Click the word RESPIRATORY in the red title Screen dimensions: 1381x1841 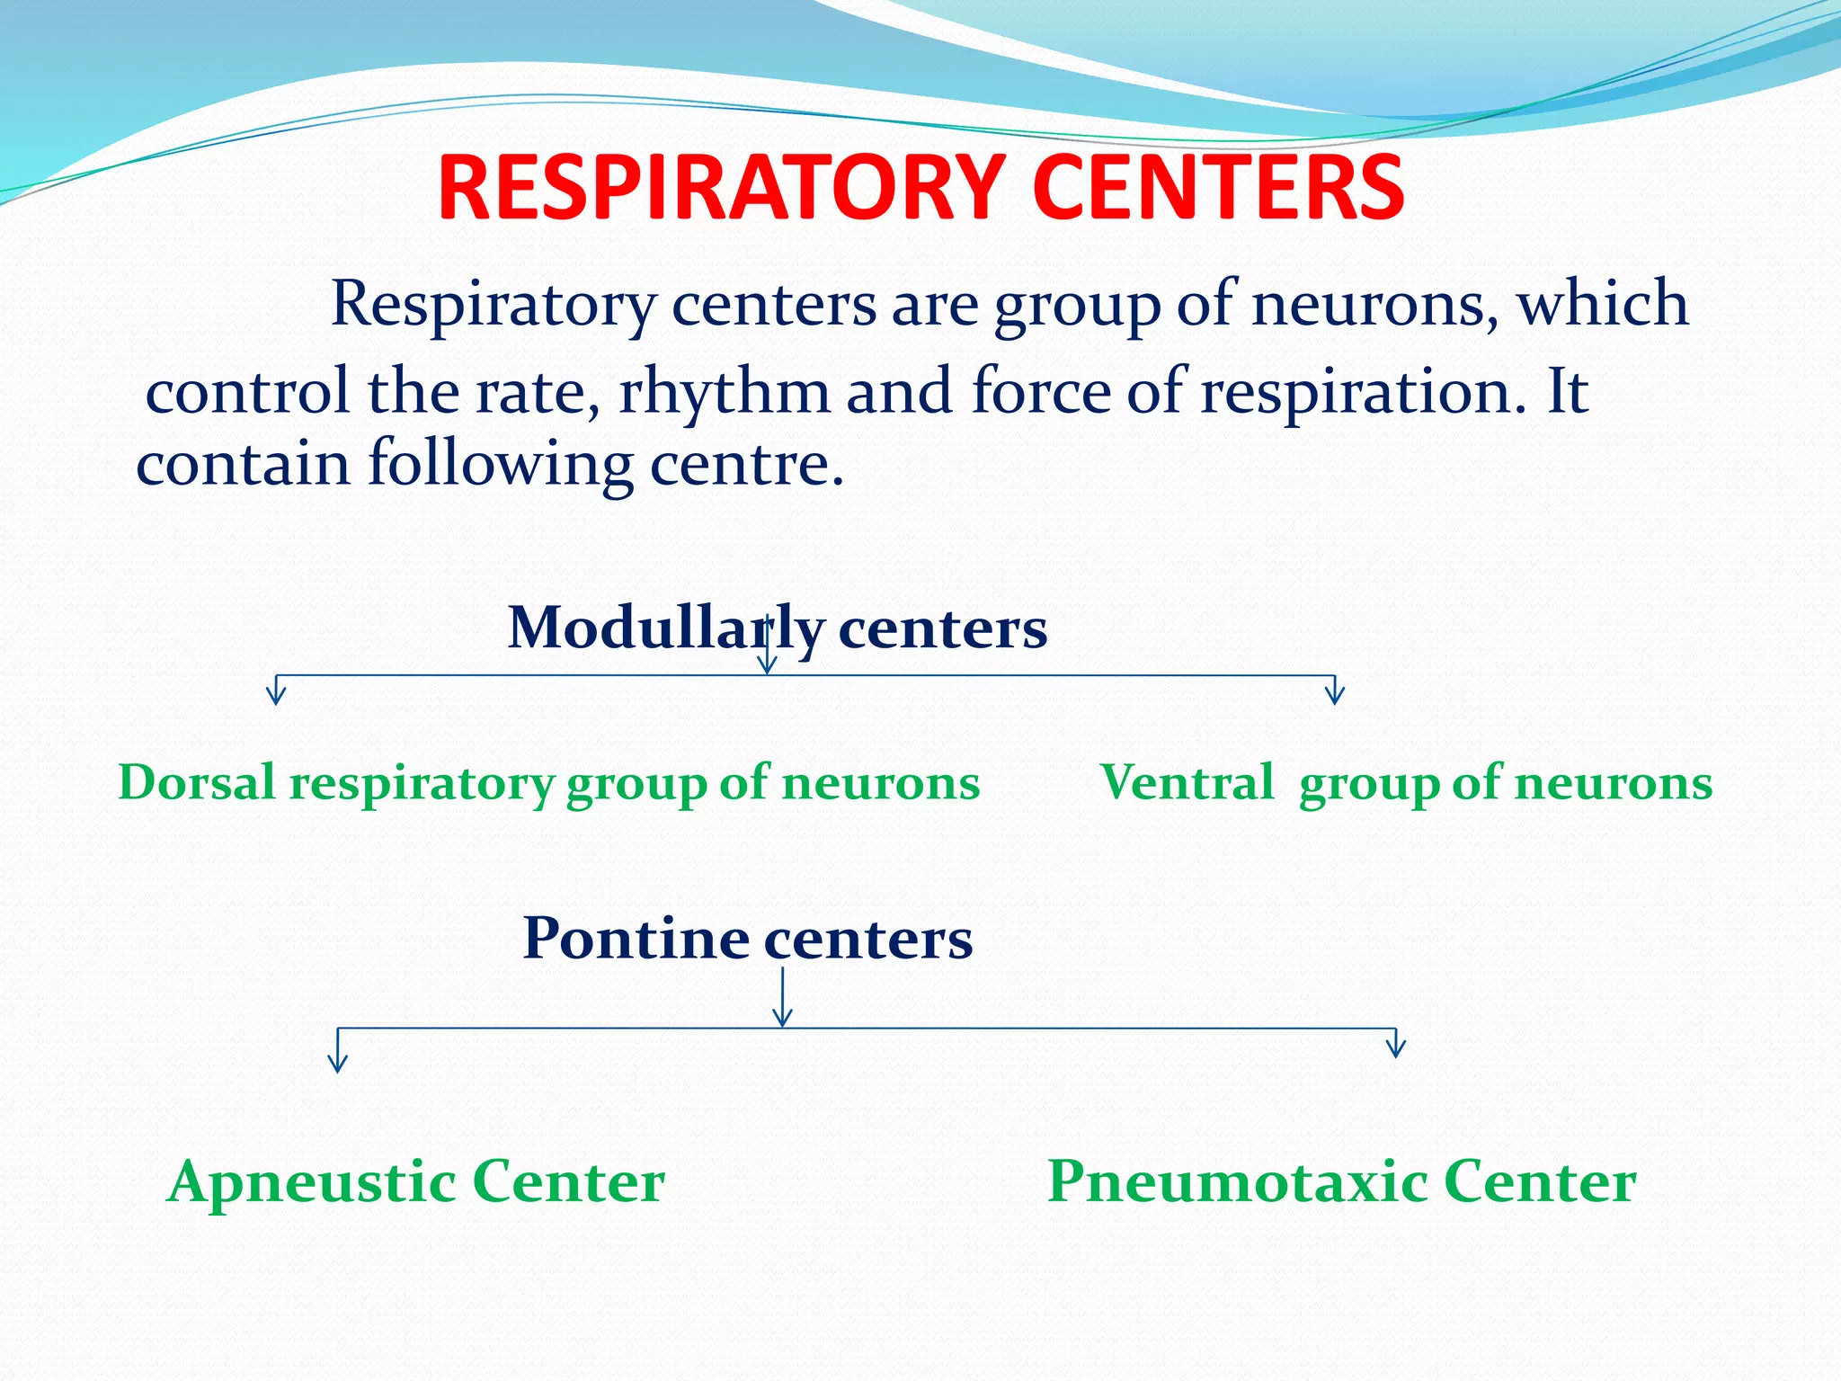pyautogui.click(x=720, y=188)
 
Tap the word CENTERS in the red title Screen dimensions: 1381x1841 pyautogui.click(x=1217, y=188)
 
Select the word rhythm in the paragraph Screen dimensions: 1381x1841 pyautogui.click(x=724, y=393)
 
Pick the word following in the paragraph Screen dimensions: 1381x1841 pyautogui.click(x=500, y=464)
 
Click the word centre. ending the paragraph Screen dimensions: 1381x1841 pyautogui.click(x=746, y=464)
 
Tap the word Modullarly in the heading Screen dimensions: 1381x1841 pyautogui.click(x=665, y=627)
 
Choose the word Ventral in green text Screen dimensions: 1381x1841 pyautogui.click(x=1187, y=781)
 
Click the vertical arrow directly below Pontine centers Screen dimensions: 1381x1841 pyautogui.click(x=783, y=998)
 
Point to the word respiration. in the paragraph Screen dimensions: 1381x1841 pyautogui.click(x=1363, y=393)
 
